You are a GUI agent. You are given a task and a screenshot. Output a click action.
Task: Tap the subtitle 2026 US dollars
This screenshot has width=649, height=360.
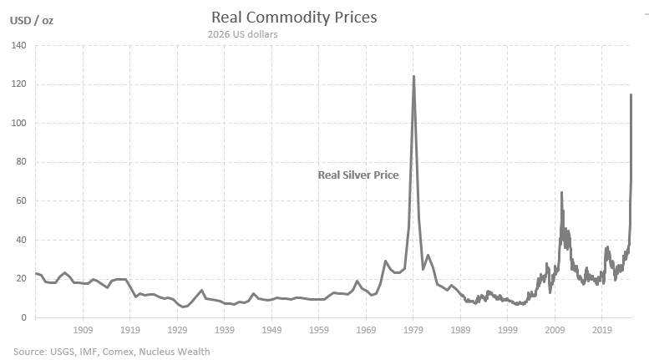pos(242,34)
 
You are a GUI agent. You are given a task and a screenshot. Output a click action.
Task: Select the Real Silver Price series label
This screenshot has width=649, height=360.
pos(357,175)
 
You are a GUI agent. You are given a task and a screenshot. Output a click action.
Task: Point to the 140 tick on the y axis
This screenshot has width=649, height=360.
pos(18,46)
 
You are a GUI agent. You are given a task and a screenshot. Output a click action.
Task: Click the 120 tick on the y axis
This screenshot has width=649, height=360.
pos(18,84)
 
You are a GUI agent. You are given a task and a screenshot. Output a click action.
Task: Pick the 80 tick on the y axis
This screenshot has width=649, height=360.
pos(21,162)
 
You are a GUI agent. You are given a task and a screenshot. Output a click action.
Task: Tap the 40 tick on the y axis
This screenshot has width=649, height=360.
pos(21,240)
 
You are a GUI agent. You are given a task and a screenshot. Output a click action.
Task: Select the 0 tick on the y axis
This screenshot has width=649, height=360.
pos(23,317)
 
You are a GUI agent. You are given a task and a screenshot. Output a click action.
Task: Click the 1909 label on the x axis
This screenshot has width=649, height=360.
pos(82,331)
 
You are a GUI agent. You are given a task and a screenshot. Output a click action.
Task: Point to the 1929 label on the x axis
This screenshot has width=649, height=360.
pos(176,331)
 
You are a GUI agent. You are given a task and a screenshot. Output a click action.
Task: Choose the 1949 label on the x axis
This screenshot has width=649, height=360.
pos(271,331)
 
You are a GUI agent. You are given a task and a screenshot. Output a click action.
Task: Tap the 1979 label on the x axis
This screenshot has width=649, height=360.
pos(413,331)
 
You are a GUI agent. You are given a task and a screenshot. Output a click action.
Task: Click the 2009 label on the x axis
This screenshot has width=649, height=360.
pos(555,331)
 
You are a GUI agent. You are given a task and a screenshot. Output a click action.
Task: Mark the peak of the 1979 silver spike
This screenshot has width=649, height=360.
pos(413,77)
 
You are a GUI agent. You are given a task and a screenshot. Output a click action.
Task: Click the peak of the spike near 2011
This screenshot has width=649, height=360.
pos(561,193)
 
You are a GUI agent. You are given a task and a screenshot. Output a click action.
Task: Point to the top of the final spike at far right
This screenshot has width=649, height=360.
pos(631,95)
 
